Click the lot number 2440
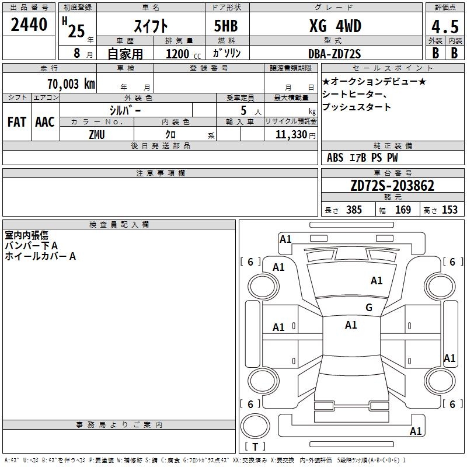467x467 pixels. tap(29, 25)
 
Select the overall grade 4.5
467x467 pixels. tap(445, 27)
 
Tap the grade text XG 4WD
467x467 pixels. tap(335, 26)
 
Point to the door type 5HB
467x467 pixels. tap(226, 26)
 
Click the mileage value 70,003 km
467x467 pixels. tap(71, 84)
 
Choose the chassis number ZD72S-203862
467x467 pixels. tap(392, 186)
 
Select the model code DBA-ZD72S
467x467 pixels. tap(334, 54)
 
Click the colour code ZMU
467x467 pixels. tap(97, 135)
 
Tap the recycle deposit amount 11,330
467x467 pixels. tap(291, 135)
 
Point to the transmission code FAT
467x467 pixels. tap(17, 122)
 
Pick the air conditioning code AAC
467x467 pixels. tap(45, 122)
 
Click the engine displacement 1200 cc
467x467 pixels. tap(183, 54)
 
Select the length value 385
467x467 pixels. tap(354, 210)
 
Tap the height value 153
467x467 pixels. tap(449, 210)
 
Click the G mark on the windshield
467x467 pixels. tap(369, 307)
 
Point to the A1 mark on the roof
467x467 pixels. tap(351, 325)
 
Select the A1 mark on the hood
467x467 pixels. tap(377, 281)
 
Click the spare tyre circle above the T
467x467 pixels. tap(255, 426)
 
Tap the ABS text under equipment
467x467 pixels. tap(335, 158)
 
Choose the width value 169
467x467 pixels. tap(403, 210)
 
